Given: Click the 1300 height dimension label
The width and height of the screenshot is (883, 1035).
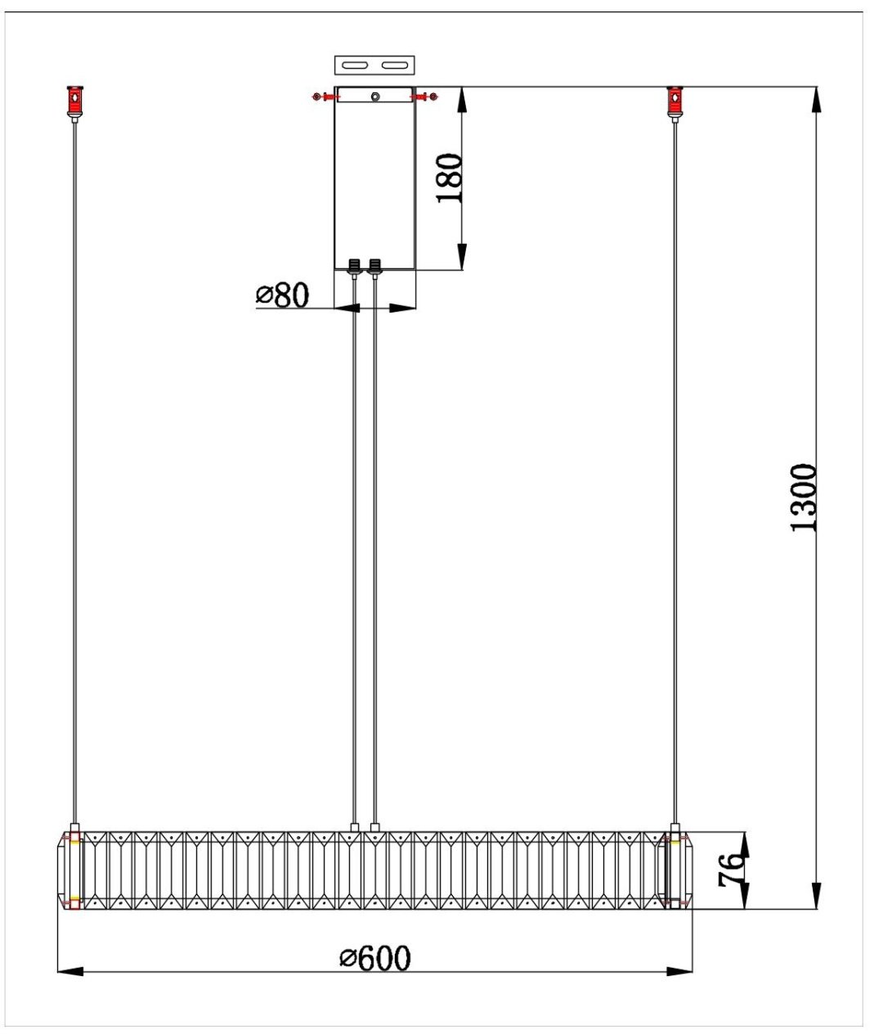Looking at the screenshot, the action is point(803,497).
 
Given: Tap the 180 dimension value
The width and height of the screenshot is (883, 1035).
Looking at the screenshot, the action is point(449,178).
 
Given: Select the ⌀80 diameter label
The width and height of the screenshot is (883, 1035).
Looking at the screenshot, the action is point(282,295).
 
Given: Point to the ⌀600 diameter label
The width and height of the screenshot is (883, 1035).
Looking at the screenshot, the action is point(374,958).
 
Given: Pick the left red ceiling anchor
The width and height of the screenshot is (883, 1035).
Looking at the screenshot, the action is point(75,101).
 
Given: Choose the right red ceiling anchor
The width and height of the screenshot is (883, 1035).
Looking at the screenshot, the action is point(675,101).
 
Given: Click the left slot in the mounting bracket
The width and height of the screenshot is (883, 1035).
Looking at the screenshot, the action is point(355,65).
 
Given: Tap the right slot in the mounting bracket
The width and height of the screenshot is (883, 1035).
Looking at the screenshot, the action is point(394,65).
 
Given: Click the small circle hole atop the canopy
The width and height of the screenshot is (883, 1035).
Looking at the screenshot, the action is point(375,97).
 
